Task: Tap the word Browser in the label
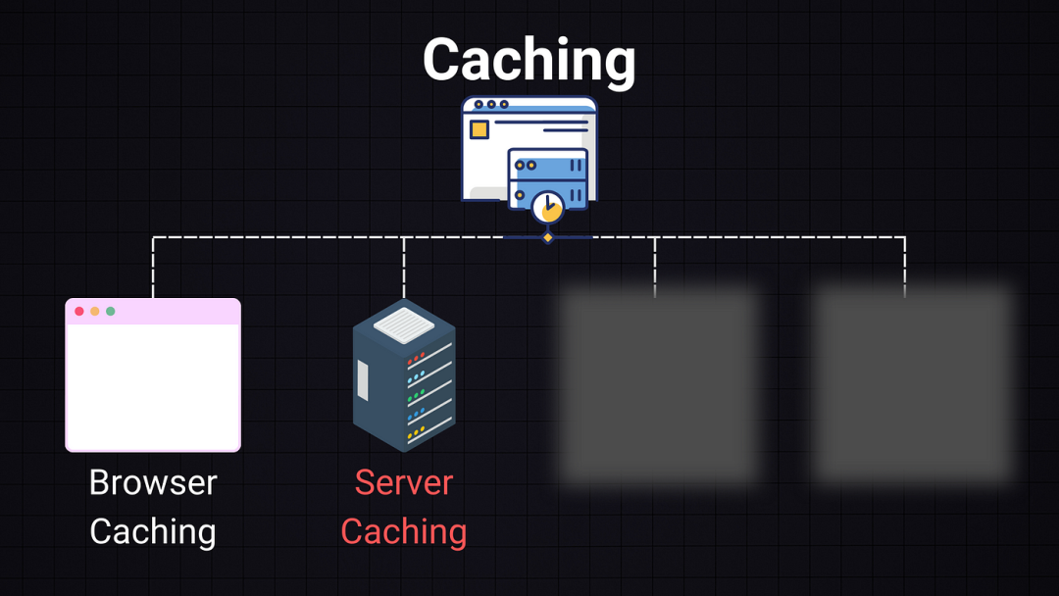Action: pos(153,482)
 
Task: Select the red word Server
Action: pos(404,482)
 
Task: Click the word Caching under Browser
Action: pos(153,531)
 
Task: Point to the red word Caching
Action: pos(404,531)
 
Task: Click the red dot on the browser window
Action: pos(79,312)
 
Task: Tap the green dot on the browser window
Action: pos(111,312)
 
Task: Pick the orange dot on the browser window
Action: pos(95,312)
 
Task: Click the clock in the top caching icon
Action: pos(547,207)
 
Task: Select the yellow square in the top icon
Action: pos(479,129)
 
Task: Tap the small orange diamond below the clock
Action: pos(548,237)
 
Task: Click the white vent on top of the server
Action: pos(403,324)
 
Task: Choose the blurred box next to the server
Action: pos(659,384)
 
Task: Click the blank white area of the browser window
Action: pos(153,386)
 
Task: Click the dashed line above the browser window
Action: pos(153,267)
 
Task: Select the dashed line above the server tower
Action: pos(404,267)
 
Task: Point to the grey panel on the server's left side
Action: pos(363,380)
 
